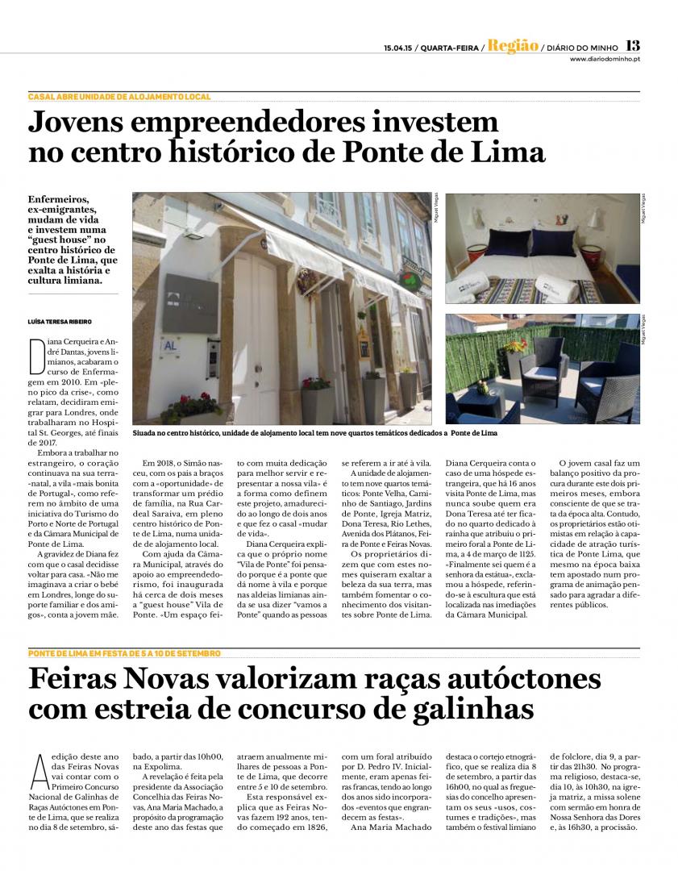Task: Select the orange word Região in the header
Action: click(513, 46)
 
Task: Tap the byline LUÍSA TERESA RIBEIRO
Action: click(60, 321)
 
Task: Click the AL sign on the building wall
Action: click(170, 344)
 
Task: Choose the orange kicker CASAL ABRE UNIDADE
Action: click(119, 97)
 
